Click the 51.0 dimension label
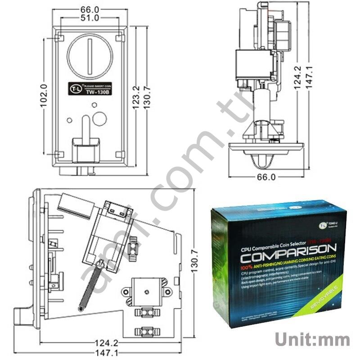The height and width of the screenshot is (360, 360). click(x=90, y=18)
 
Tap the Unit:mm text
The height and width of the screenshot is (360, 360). click(x=312, y=338)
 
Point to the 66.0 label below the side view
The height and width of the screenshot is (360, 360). click(x=266, y=177)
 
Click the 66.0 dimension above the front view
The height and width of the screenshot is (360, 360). click(x=90, y=9)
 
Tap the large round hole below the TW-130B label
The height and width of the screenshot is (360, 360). click(x=99, y=119)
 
